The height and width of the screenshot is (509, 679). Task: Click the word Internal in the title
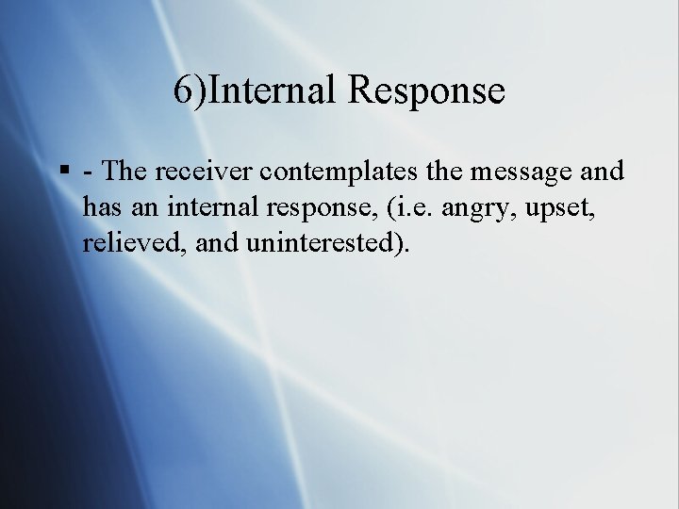272,91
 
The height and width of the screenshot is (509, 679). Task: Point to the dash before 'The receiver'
88,172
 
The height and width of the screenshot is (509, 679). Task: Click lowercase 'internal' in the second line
214,206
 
